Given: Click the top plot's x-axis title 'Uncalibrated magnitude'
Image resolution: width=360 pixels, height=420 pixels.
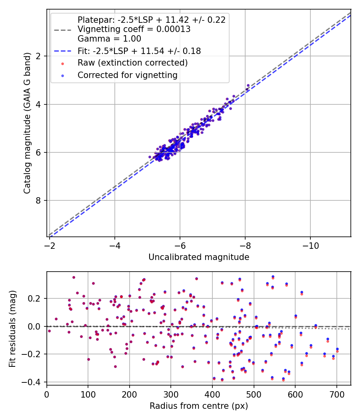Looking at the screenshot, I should click(199, 257).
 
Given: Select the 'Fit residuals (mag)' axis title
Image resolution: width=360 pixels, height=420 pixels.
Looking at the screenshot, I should click(13, 328).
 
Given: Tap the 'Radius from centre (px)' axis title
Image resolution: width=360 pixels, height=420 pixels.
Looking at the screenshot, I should click(199, 406).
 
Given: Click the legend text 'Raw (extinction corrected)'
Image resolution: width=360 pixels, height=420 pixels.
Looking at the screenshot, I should click(132, 63).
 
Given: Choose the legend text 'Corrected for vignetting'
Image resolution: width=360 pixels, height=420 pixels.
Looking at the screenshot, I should click(128, 75).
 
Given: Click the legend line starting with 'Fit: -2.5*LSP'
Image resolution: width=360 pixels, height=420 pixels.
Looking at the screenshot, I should click(139, 51).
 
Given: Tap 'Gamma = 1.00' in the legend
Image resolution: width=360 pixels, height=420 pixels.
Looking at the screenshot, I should click(109, 39).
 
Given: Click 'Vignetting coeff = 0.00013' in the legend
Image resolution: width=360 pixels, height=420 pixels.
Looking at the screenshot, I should click(134, 29).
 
